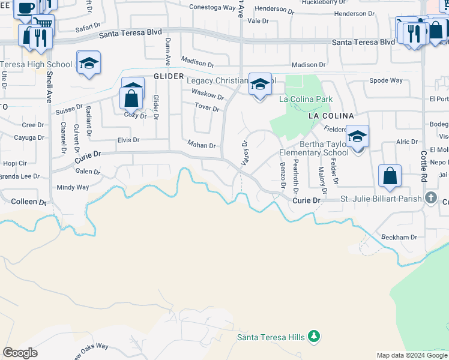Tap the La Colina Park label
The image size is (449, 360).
(x=306, y=99)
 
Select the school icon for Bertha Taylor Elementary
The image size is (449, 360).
(x=357, y=137)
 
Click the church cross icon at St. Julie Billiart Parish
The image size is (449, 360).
(x=430, y=197)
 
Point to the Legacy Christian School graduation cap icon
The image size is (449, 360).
(x=260, y=85)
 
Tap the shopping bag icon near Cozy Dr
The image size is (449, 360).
(x=131, y=98)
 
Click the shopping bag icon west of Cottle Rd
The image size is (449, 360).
(x=390, y=176)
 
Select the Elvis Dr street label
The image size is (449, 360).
(x=128, y=140)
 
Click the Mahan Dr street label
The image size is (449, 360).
(x=201, y=145)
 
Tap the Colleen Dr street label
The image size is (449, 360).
(x=29, y=202)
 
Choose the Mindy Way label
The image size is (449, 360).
(x=73, y=188)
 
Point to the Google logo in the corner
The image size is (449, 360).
(x=20, y=353)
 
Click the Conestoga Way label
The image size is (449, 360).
(x=212, y=8)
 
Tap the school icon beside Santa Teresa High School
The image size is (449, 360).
(x=88, y=64)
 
